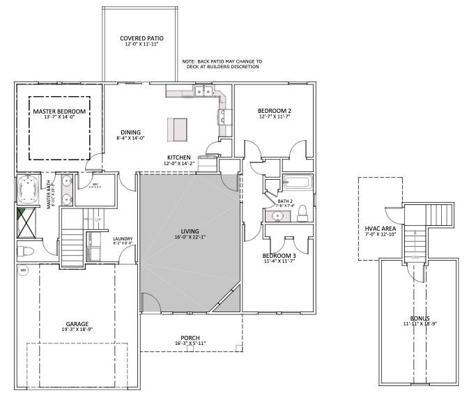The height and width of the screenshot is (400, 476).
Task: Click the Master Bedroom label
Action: coord(59,111)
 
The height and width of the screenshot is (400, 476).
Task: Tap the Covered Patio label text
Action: coord(141,38)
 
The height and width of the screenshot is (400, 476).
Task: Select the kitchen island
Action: coord(178,129)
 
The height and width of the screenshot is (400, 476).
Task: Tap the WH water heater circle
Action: coord(23,271)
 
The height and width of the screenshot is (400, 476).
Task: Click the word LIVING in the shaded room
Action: coord(190,231)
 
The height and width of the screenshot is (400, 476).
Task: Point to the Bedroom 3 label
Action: coord(279,256)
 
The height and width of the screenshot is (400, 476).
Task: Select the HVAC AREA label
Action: coord(381,228)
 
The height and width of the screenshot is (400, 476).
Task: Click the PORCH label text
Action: coord(190,337)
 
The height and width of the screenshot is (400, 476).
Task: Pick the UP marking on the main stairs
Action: coord(98,220)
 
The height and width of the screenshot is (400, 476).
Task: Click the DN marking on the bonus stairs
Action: coord(415,257)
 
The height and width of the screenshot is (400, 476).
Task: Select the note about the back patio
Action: coord(222,64)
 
